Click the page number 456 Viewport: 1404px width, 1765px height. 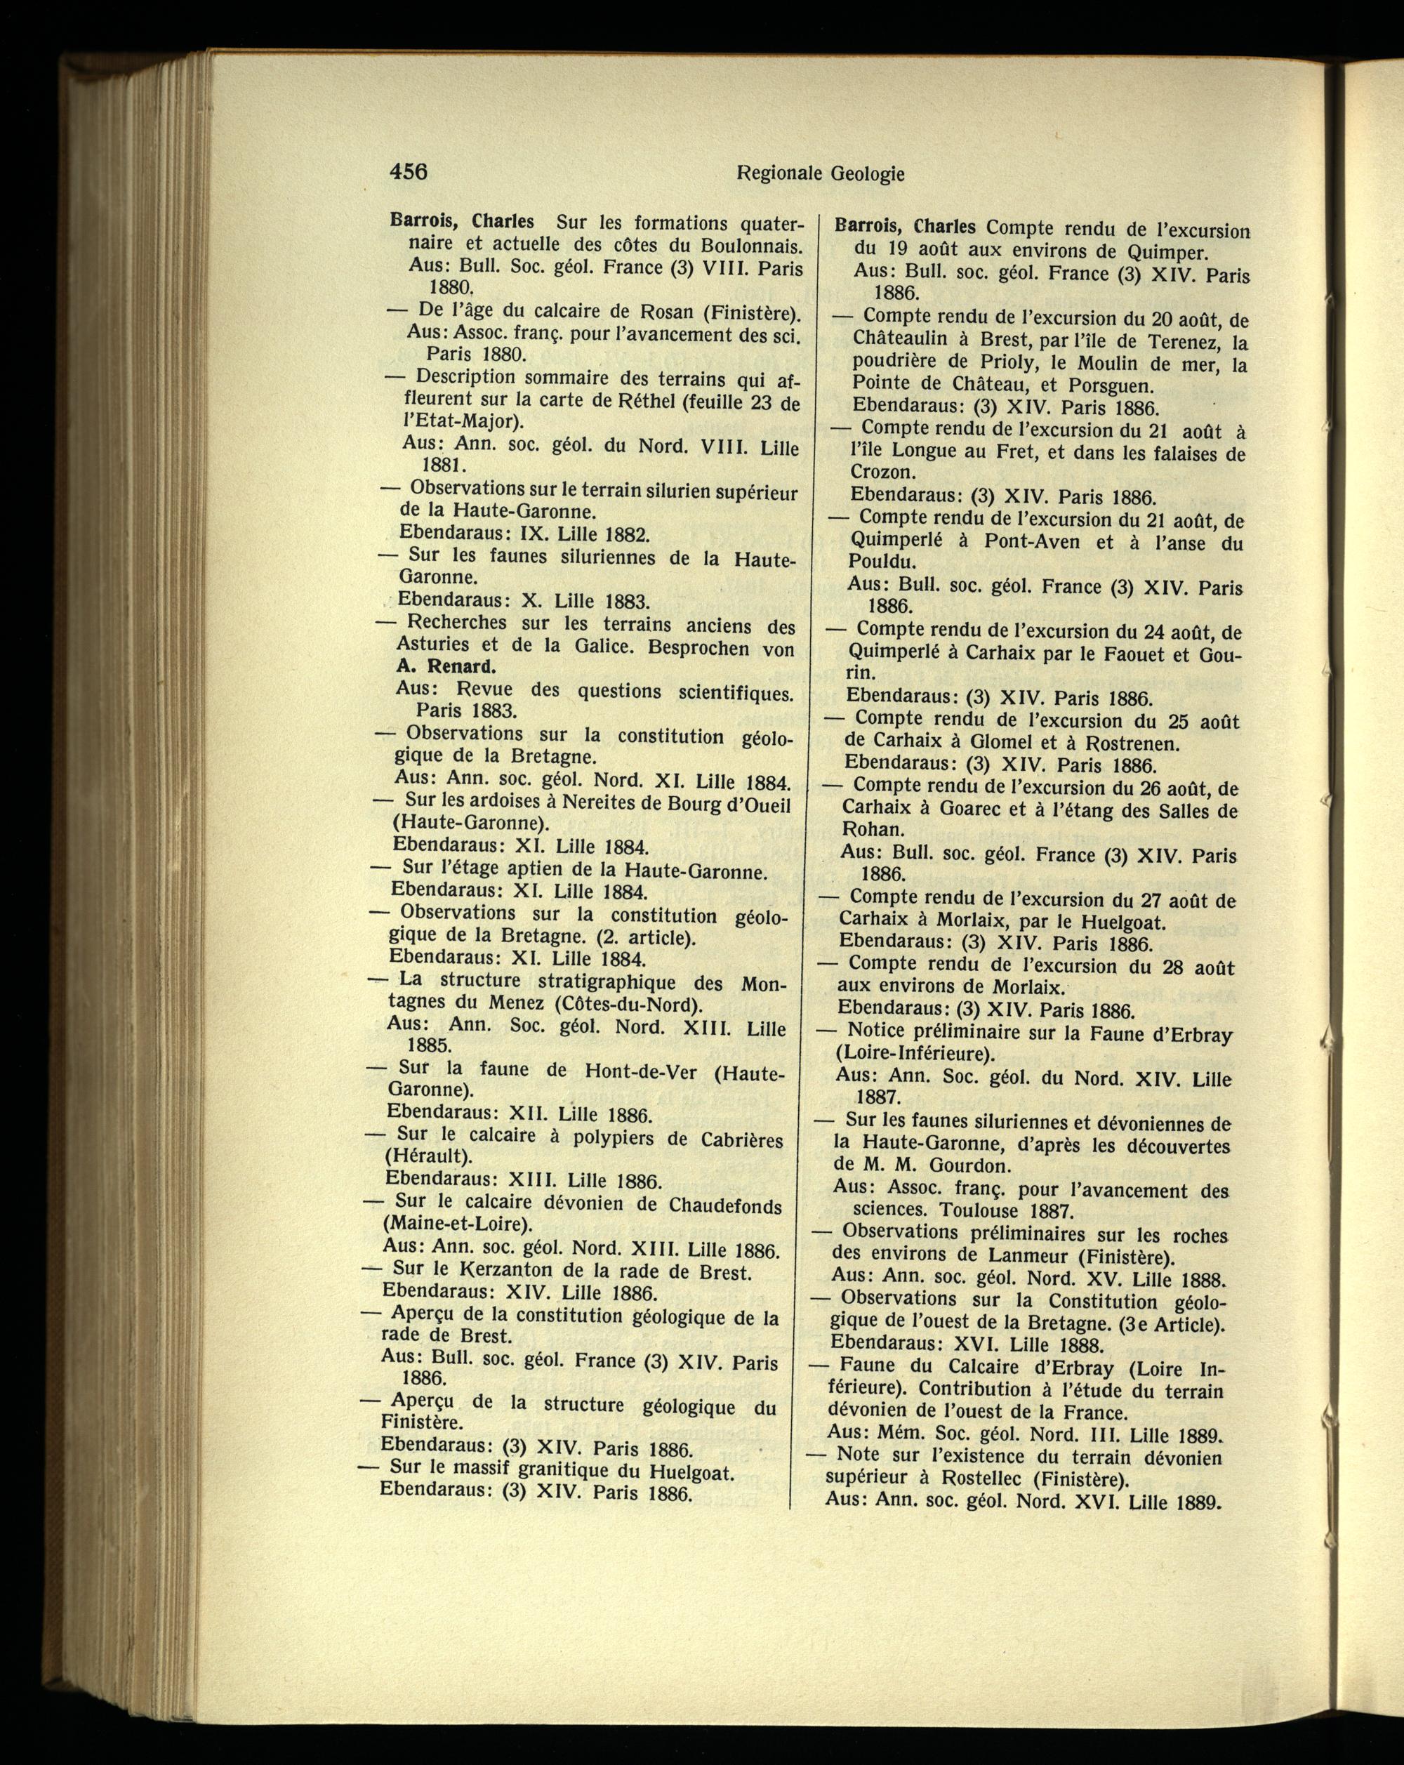(x=409, y=172)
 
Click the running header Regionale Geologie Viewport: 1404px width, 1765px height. (x=821, y=173)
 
